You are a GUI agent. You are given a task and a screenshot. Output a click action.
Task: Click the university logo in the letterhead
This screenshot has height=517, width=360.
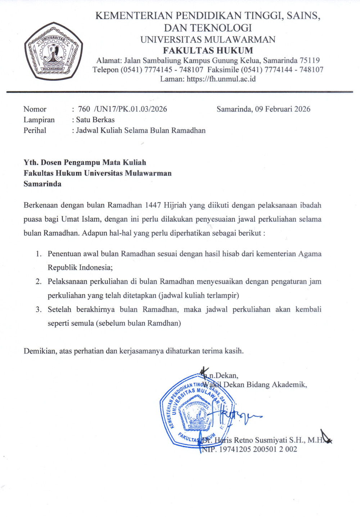click(53, 51)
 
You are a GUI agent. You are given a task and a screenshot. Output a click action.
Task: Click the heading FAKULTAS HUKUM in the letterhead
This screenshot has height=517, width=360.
click(208, 50)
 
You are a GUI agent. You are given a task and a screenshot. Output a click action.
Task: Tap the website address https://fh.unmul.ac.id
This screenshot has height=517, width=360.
click(221, 79)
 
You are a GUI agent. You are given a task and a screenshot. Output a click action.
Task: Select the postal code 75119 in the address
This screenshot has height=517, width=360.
click(310, 60)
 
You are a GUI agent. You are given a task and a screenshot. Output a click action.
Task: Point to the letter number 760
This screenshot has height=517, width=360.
click(84, 109)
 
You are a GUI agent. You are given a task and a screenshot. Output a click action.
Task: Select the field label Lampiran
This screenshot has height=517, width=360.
click(39, 120)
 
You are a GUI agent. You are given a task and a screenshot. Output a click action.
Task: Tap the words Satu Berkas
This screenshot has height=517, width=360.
click(95, 120)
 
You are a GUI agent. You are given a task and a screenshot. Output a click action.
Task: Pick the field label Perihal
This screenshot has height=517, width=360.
click(35, 130)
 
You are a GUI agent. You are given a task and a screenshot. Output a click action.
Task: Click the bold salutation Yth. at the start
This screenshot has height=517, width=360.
click(31, 162)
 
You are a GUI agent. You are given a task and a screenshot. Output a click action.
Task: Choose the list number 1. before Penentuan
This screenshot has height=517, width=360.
click(39, 254)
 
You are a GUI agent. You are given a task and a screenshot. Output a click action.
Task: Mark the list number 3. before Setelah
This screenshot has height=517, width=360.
click(39, 309)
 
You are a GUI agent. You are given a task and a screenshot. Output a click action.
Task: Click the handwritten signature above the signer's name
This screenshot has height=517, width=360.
click(236, 416)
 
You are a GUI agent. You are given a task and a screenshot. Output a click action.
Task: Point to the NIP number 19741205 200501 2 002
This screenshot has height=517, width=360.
click(258, 449)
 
